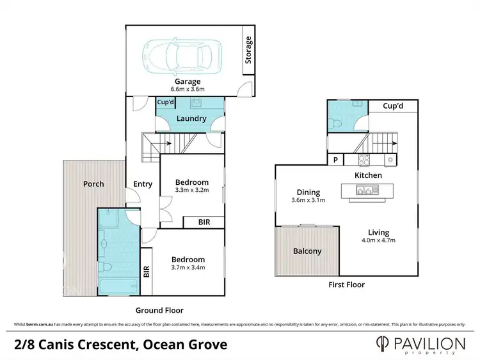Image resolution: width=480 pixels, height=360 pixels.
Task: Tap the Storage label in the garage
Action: coord(249,50)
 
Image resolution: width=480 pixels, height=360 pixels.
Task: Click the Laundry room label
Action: coord(191,118)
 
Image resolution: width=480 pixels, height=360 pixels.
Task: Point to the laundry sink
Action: coord(196,103)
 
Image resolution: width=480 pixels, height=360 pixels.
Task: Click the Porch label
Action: coord(93,184)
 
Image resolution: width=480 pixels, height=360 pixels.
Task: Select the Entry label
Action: coord(143,184)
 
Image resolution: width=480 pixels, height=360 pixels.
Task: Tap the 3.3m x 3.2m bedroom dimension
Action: coord(192,191)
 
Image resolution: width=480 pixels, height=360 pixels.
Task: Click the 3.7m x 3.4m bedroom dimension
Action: coord(188,268)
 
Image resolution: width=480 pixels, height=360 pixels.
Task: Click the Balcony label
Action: coord(307,251)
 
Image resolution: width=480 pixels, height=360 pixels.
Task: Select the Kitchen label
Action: coord(369,175)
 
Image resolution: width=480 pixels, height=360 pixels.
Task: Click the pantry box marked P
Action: coord(335,160)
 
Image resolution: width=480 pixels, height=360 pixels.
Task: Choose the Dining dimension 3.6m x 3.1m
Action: coord(308,200)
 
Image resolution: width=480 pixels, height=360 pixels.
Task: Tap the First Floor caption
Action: coord(346,285)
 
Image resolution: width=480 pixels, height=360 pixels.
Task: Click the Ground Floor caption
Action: coord(154,310)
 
